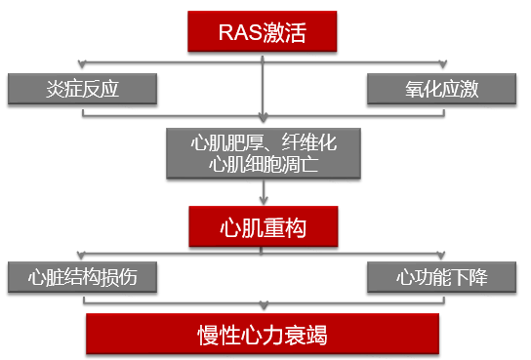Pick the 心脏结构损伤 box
coord(83,278)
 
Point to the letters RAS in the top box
coord(239,34)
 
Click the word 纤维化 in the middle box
coord(308,142)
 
